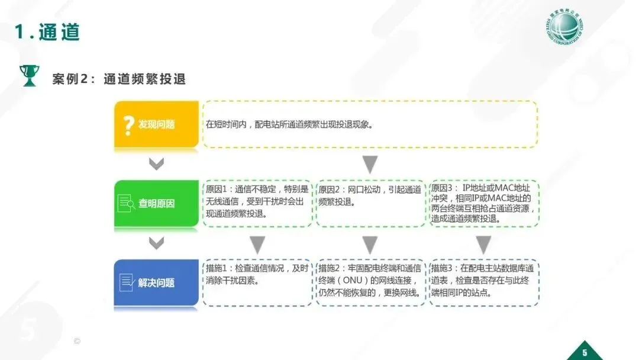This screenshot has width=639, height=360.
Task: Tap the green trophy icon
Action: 28,75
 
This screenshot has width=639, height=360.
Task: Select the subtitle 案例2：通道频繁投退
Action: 119,79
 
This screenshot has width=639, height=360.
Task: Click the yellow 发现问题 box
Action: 156,124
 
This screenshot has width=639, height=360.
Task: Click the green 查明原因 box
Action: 156,203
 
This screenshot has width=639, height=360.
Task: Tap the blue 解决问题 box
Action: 156,282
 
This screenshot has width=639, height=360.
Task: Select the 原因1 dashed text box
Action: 257,203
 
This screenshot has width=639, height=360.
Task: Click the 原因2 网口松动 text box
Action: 370,203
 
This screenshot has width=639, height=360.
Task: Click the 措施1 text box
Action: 257,282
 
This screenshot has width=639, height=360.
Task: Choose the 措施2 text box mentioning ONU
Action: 370,282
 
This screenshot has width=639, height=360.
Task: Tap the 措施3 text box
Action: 483,282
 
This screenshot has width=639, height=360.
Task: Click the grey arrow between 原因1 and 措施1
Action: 257,243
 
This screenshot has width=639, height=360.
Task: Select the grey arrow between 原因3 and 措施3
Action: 483,243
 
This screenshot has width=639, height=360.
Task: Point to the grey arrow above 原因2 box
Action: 370,164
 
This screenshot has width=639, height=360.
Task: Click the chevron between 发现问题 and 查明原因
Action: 156,164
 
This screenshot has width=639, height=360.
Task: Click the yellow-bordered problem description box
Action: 370,124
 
